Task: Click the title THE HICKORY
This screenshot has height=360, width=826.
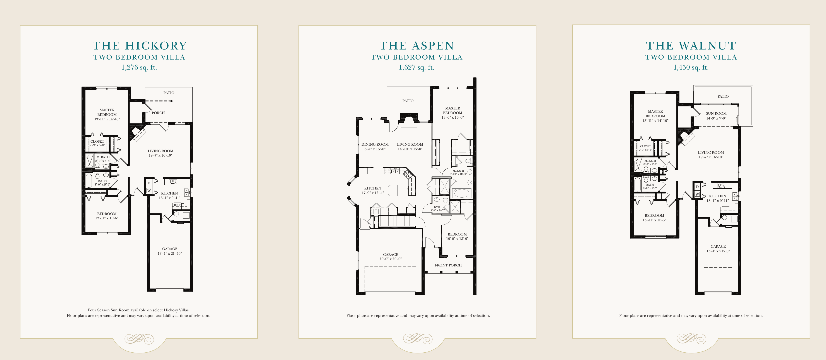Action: coord(140,46)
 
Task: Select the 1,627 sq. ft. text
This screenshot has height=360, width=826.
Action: coord(416,67)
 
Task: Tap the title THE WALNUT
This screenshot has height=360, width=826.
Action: coord(691,46)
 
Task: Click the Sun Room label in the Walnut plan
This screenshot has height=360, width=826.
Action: coord(716,113)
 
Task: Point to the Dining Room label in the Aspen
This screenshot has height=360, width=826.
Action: coord(375,145)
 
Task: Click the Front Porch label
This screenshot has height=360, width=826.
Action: coord(448,265)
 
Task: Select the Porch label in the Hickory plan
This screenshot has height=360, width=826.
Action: coord(158,113)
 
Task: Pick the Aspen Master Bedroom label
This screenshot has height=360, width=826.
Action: coord(452,111)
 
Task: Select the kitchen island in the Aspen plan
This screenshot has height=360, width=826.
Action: coord(393,190)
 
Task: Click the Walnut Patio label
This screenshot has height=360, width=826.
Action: coord(723,97)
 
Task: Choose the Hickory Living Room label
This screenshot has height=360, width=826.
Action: coord(160,151)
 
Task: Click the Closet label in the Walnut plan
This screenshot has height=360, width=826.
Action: coord(645,146)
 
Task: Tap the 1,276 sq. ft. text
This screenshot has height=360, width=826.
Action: coord(139,67)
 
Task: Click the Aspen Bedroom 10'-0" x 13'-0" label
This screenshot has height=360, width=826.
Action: coord(457,237)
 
